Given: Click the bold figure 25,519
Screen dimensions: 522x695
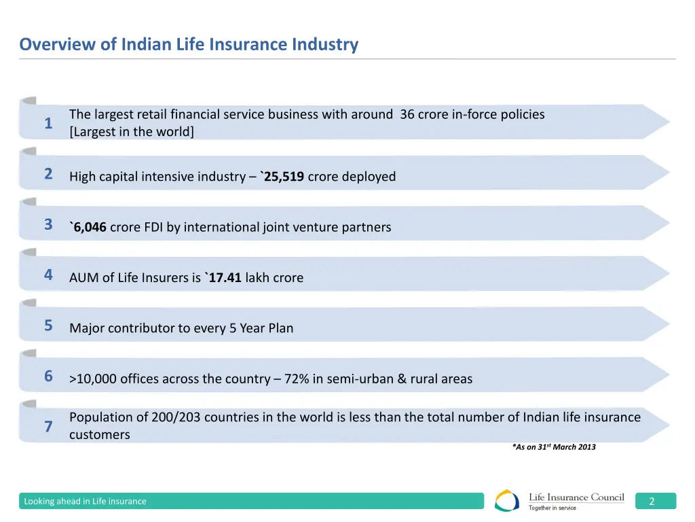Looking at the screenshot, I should click(x=284, y=177).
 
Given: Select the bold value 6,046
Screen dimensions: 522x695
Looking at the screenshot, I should click(x=90, y=227).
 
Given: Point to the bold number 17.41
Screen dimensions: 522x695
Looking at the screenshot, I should click(x=225, y=277).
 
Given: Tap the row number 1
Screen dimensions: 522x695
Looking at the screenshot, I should click(x=48, y=123).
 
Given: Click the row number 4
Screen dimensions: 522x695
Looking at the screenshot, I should click(x=48, y=275).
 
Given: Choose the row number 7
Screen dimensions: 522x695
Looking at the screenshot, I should click(x=48, y=426).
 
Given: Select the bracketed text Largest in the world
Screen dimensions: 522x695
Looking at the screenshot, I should click(x=132, y=132).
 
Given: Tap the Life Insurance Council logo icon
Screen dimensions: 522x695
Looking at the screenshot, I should click(x=507, y=501).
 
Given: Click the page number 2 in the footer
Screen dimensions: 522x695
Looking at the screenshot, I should click(x=652, y=502).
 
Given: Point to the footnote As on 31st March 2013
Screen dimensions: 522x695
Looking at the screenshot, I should click(x=554, y=447).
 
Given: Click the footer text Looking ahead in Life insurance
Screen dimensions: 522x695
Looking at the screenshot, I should click(x=85, y=502).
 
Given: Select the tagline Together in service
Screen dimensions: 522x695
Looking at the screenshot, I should click(x=552, y=508).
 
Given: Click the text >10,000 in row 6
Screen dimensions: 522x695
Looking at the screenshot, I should click(x=93, y=379).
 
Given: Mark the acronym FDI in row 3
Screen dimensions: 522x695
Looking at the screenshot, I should click(x=153, y=227).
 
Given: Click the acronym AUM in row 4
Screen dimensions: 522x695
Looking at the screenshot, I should click(x=83, y=277).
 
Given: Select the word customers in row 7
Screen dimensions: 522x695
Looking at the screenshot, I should click(x=99, y=434).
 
